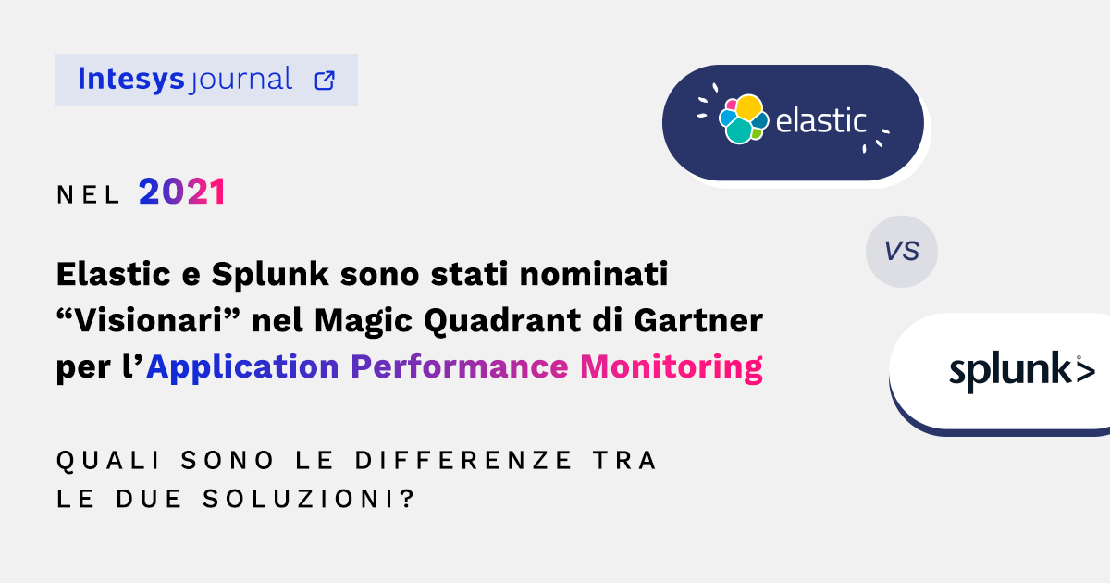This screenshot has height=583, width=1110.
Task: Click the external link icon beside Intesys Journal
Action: click(325, 80)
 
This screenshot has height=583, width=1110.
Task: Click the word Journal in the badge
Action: click(240, 81)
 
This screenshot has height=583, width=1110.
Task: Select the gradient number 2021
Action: click(182, 192)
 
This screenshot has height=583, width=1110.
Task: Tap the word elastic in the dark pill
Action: click(820, 120)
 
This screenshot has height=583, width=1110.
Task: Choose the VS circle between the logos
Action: click(901, 251)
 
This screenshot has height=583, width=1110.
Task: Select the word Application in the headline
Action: click(242, 367)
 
